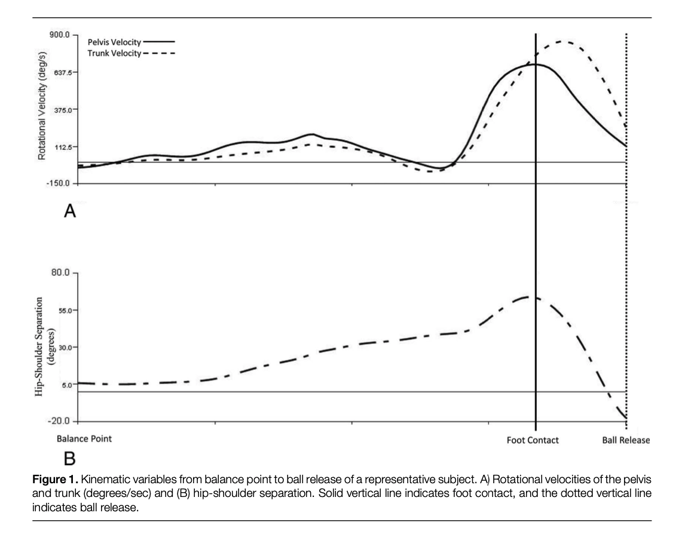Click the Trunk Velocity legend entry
click(111, 53)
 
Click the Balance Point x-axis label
click(84, 438)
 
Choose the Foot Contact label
click(533, 440)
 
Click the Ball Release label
click(625, 440)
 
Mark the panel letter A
click(70, 211)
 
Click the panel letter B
click(70, 459)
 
